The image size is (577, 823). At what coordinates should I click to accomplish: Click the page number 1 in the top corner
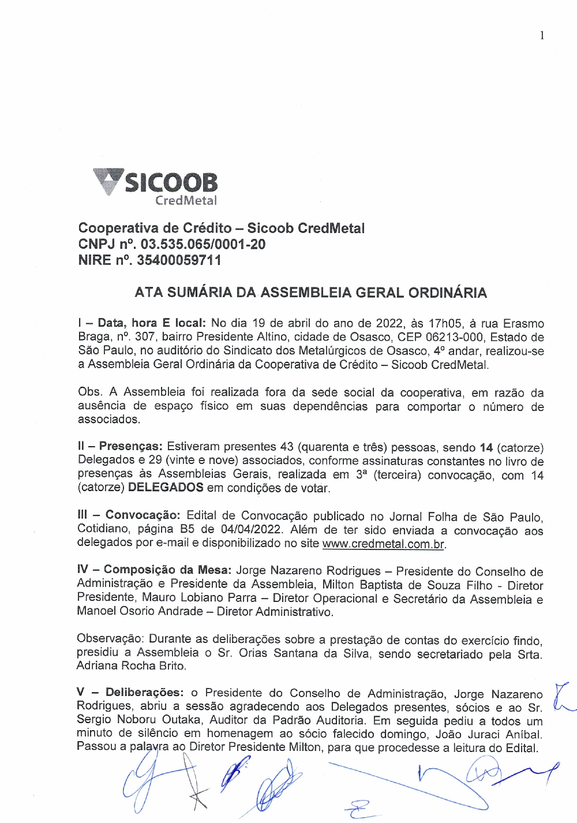coord(542,35)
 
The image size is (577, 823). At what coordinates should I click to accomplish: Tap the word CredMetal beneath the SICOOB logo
coord(186,201)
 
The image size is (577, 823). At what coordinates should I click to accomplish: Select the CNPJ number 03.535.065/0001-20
coord(203,244)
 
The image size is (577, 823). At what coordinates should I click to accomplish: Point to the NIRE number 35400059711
coord(179,260)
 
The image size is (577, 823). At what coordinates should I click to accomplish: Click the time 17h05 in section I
coord(446,323)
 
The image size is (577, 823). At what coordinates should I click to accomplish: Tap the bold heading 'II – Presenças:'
coord(120,447)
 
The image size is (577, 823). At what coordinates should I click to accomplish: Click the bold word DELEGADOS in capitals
coord(166,488)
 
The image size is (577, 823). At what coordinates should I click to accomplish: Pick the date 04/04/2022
coord(251,529)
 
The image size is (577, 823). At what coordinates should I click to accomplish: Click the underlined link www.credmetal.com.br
coord(383,544)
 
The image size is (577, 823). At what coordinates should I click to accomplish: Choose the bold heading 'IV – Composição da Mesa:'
coord(154,570)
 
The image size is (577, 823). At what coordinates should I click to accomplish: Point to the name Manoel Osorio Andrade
coord(140,611)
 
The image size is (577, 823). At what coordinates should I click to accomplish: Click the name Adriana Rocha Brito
coord(132,665)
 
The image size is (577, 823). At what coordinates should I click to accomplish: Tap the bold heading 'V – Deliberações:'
coord(130,693)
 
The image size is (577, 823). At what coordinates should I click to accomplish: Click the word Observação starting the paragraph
coord(110,639)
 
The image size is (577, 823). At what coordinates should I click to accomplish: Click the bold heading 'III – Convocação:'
coord(129,515)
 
